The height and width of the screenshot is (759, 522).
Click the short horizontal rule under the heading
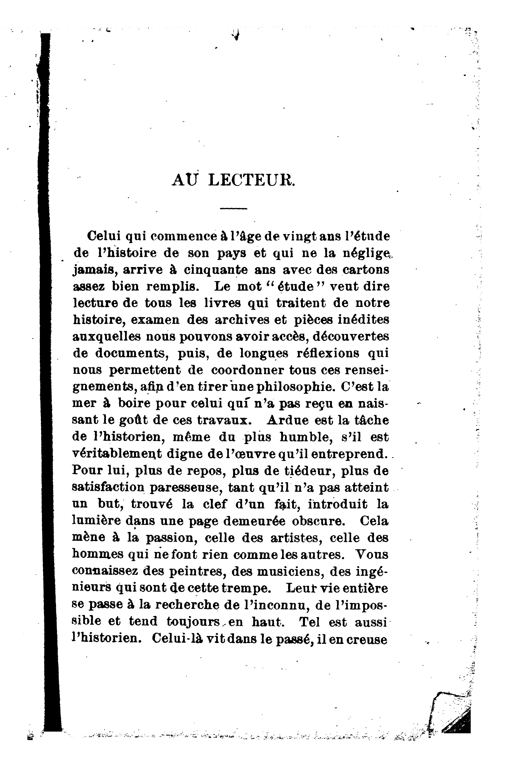pyautogui.click(x=234, y=209)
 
